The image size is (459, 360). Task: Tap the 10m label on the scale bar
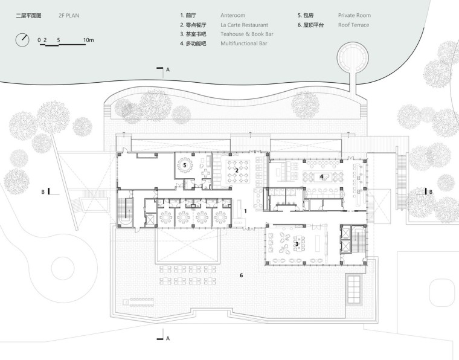[x=88, y=40]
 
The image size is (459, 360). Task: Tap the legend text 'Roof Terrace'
[x=353, y=25]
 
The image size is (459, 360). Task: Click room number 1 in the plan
[x=245, y=210]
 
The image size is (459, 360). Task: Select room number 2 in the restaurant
[x=237, y=171]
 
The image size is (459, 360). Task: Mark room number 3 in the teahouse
[x=297, y=243]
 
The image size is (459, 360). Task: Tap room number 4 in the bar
[x=322, y=176]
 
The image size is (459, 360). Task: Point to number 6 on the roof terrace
[x=241, y=275]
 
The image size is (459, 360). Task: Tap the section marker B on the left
[x=42, y=191]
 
